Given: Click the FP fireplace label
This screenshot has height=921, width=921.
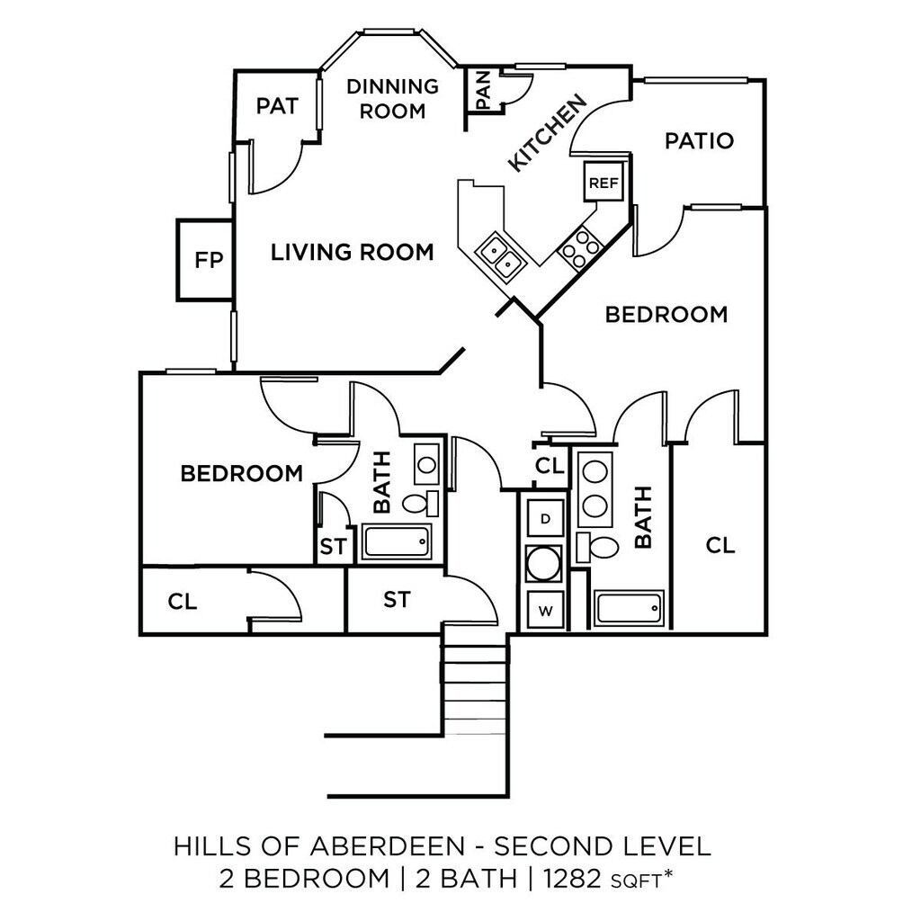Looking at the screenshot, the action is coord(209,260).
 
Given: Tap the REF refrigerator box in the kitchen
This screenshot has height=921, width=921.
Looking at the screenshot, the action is coord(604,183).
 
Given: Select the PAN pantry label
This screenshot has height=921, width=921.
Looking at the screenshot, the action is coord(483,90).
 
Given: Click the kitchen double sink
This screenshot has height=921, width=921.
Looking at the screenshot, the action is coord(501,256).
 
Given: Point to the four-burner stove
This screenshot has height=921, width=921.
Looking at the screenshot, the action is coord(580,248).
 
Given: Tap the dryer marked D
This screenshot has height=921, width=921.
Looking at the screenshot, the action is coord(546,519).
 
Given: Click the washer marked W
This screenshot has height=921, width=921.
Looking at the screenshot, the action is coord(546,611).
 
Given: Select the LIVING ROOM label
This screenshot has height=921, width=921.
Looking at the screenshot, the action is coord(353,253).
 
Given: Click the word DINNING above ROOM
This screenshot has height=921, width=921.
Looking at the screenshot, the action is coord(393,86).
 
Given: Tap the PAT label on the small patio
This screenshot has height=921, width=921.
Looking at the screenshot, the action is coord(277,106).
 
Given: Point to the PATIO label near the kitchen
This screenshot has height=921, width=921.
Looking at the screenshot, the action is coord(700,141).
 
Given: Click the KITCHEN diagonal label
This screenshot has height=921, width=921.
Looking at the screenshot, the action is coord(547,133).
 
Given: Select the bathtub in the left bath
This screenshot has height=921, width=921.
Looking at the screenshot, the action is coord(396,541).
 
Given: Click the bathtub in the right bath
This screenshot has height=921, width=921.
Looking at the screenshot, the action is coord(629,609).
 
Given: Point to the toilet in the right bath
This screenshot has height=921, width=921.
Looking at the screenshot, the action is coord(597,548).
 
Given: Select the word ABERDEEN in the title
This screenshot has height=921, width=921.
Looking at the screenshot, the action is coord(388,846).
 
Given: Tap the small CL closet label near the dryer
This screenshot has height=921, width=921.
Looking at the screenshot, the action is coord(550,467).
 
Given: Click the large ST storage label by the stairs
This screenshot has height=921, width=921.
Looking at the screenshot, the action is coord(397,600).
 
